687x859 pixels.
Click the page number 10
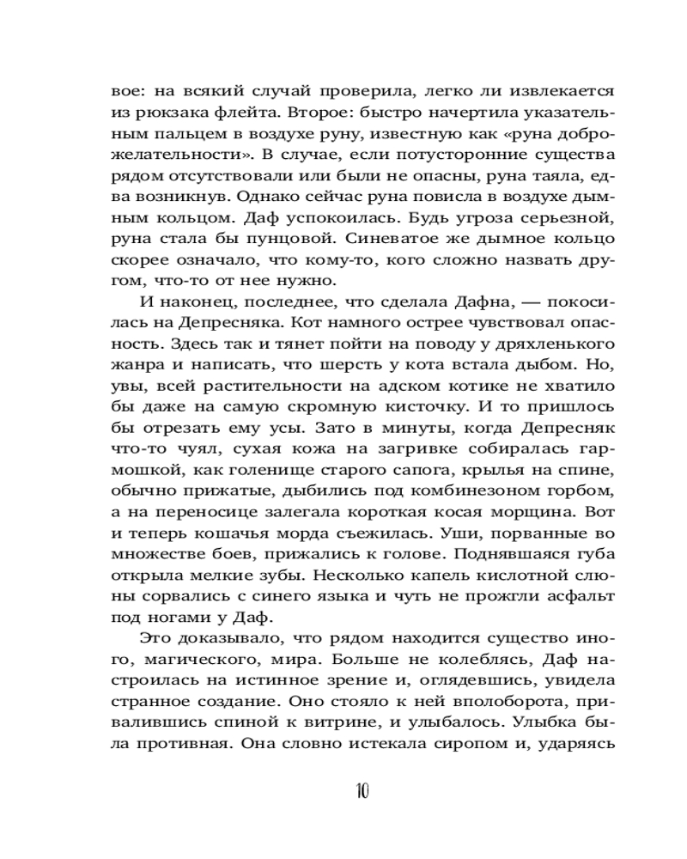click(359, 790)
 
